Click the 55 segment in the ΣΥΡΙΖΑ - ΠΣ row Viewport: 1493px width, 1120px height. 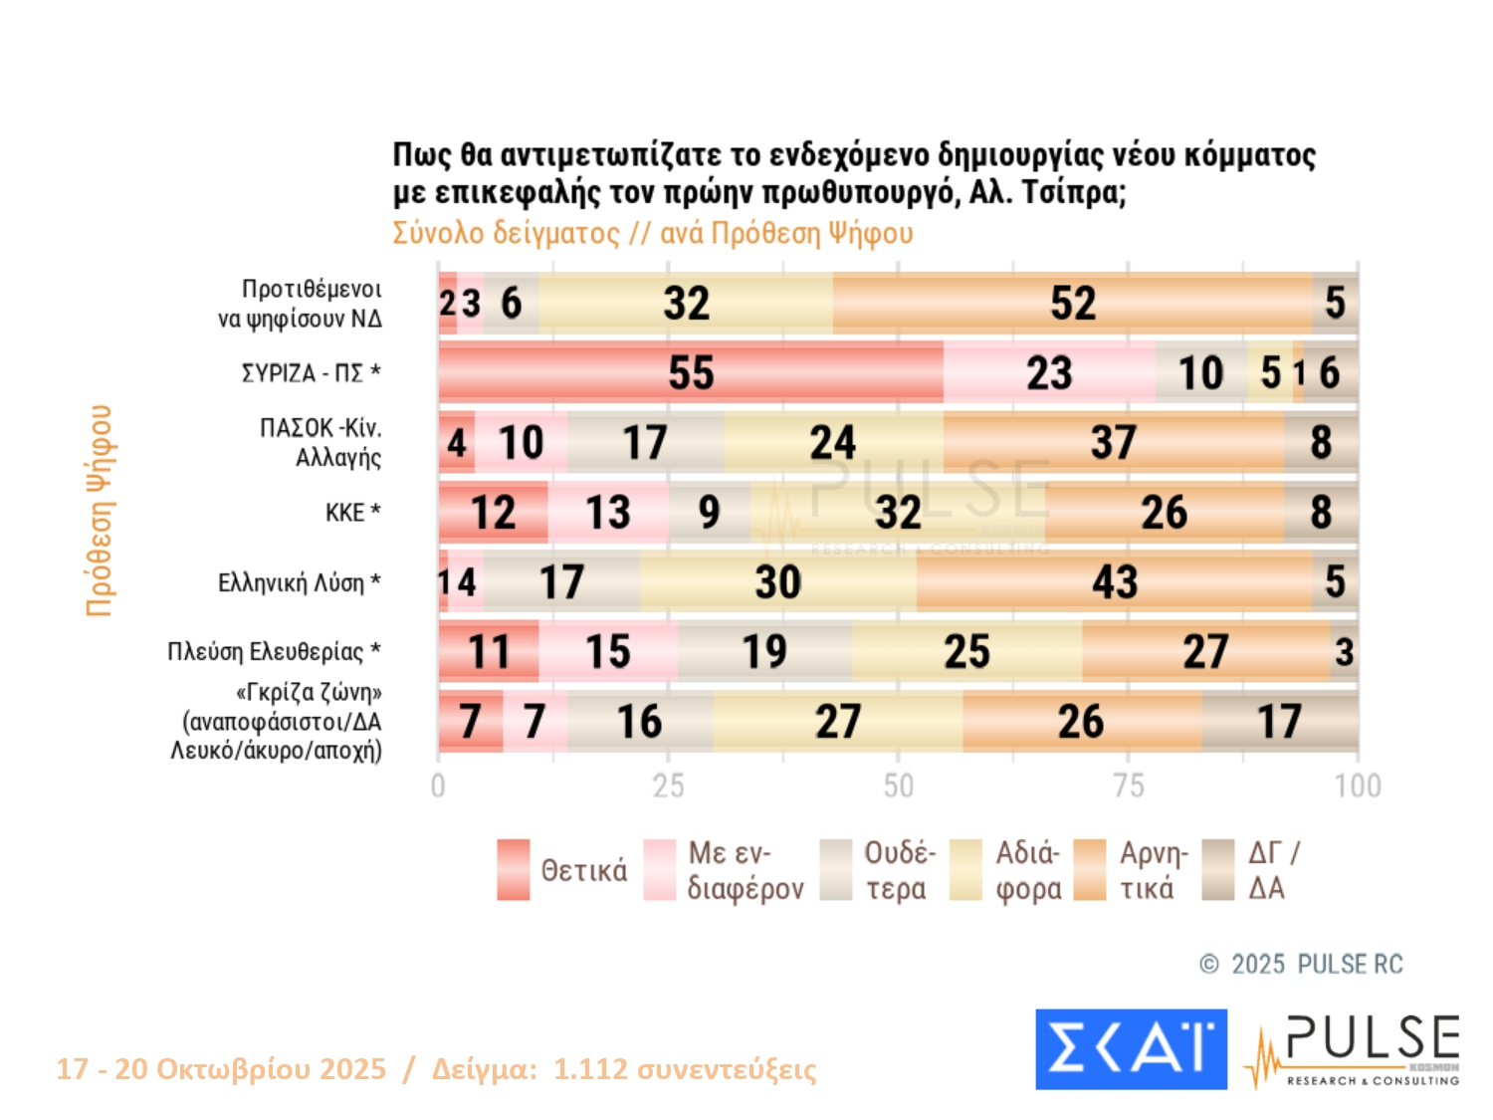691,373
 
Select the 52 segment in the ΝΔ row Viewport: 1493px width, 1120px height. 1073,304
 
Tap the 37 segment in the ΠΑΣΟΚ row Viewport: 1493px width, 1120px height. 1113,443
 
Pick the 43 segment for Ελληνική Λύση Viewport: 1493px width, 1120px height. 1115,582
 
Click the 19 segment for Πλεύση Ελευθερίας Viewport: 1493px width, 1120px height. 764,652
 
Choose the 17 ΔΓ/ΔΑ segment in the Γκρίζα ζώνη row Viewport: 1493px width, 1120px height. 1279,722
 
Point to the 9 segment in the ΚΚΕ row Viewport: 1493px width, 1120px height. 709,513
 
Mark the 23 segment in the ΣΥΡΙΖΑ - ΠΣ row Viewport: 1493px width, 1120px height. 1049,373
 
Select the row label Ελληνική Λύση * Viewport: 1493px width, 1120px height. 299,582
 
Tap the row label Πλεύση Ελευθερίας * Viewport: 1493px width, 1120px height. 274,652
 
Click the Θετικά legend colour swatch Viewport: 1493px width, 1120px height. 514,870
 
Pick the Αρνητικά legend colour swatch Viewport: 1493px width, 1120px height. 1090,870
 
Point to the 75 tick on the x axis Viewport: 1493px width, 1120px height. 1128,786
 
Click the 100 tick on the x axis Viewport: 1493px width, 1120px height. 1358,786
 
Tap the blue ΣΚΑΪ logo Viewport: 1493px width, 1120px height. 1131,1049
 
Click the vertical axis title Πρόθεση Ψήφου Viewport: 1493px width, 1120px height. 100,511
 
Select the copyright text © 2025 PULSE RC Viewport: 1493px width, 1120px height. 1301,964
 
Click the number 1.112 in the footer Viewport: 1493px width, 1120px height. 590,1069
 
